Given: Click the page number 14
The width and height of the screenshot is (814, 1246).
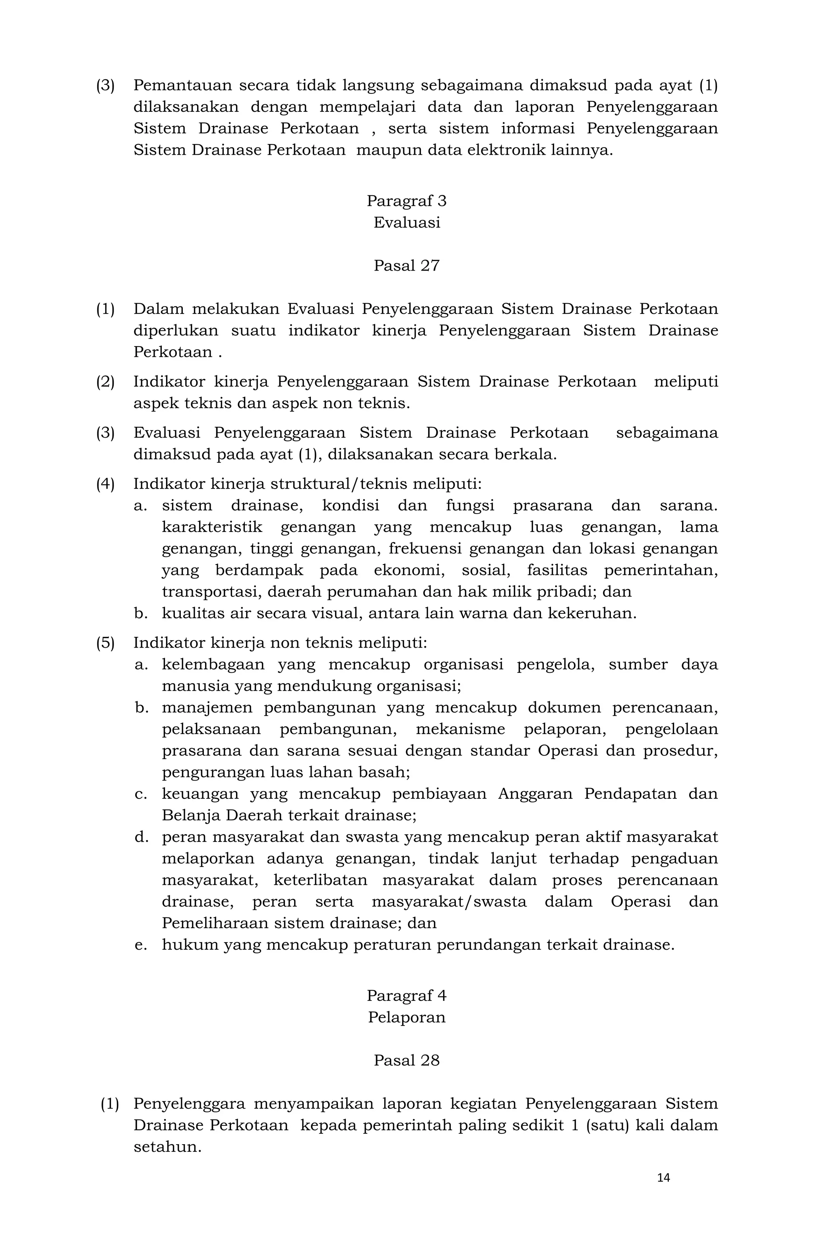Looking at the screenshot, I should pos(663,1178).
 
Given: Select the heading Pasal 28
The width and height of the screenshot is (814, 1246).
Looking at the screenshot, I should pos(407,1060).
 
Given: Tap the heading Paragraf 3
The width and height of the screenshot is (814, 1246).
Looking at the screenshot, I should pos(407,201).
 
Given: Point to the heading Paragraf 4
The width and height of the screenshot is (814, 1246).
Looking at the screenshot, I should pos(407,995).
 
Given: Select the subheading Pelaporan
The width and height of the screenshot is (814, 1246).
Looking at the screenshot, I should pos(407,1017).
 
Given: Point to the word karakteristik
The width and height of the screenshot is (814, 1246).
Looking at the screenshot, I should pos(212,527).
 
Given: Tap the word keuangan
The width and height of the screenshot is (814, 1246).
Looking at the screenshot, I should pos(199,794).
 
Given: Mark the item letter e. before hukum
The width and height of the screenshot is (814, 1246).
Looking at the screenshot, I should pos(140,945).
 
